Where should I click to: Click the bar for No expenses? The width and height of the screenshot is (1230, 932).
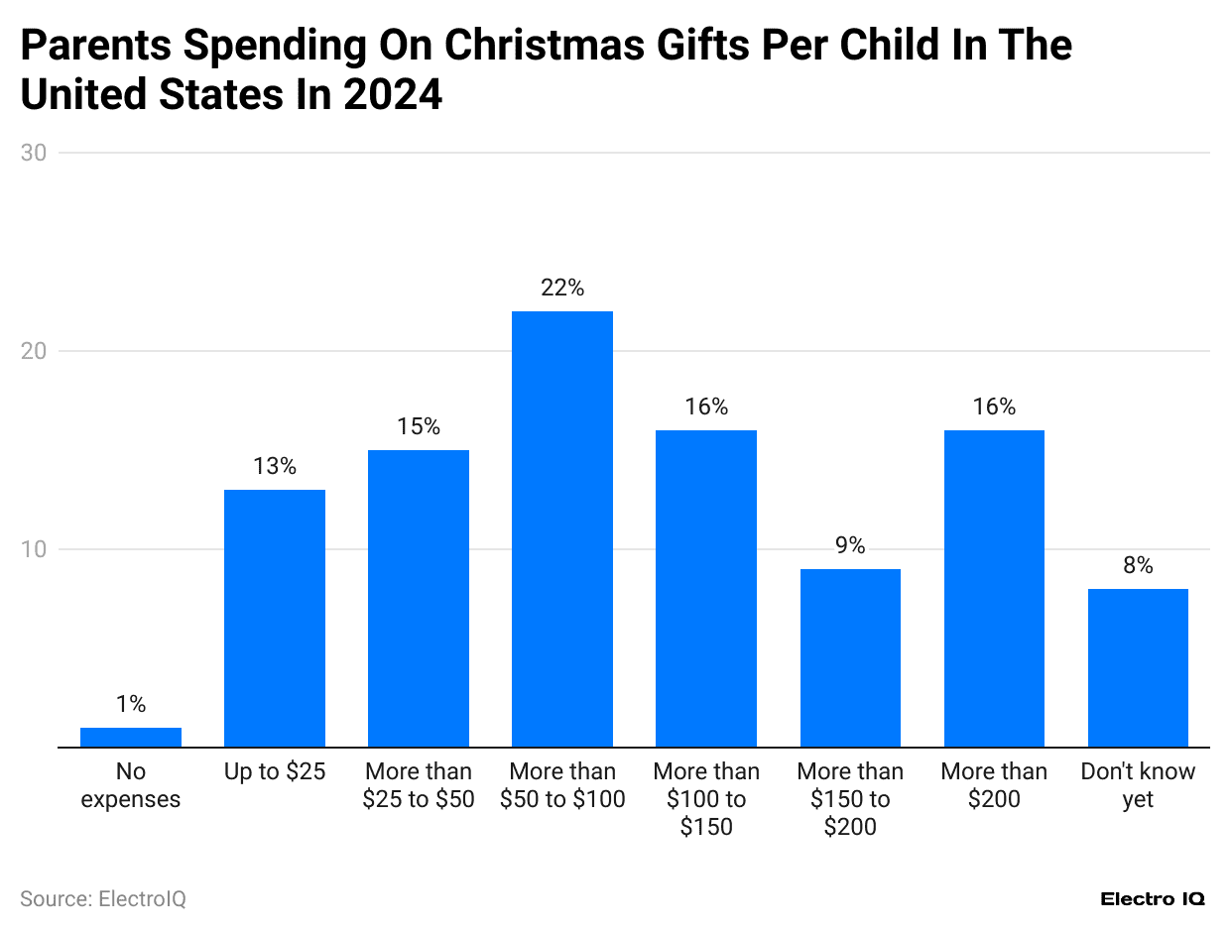pos(131,737)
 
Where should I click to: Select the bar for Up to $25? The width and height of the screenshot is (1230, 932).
pos(275,618)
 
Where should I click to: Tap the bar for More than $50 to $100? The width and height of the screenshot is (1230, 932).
pos(562,528)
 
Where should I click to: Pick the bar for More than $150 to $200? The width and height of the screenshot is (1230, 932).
pos(850,657)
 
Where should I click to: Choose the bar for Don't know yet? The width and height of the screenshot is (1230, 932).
pos(1138,667)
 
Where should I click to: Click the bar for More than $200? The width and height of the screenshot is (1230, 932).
pos(994,588)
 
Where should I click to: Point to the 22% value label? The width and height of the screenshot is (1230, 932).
pos(562,289)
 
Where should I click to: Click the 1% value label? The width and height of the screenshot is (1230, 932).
pos(131,705)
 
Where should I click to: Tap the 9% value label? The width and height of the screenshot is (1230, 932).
pos(850,546)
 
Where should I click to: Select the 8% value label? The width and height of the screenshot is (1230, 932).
pos(1138,566)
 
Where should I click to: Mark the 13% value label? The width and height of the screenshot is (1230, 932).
pos(275,467)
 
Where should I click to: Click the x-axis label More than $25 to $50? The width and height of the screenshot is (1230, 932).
pos(419,785)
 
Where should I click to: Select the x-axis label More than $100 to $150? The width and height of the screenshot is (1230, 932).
pos(706,799)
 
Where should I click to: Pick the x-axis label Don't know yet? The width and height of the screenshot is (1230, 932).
pos(1138,785)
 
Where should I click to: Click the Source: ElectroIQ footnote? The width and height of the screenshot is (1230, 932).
pos(103,899)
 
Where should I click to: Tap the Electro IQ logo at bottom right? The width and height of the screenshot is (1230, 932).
pos(1153,899)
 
